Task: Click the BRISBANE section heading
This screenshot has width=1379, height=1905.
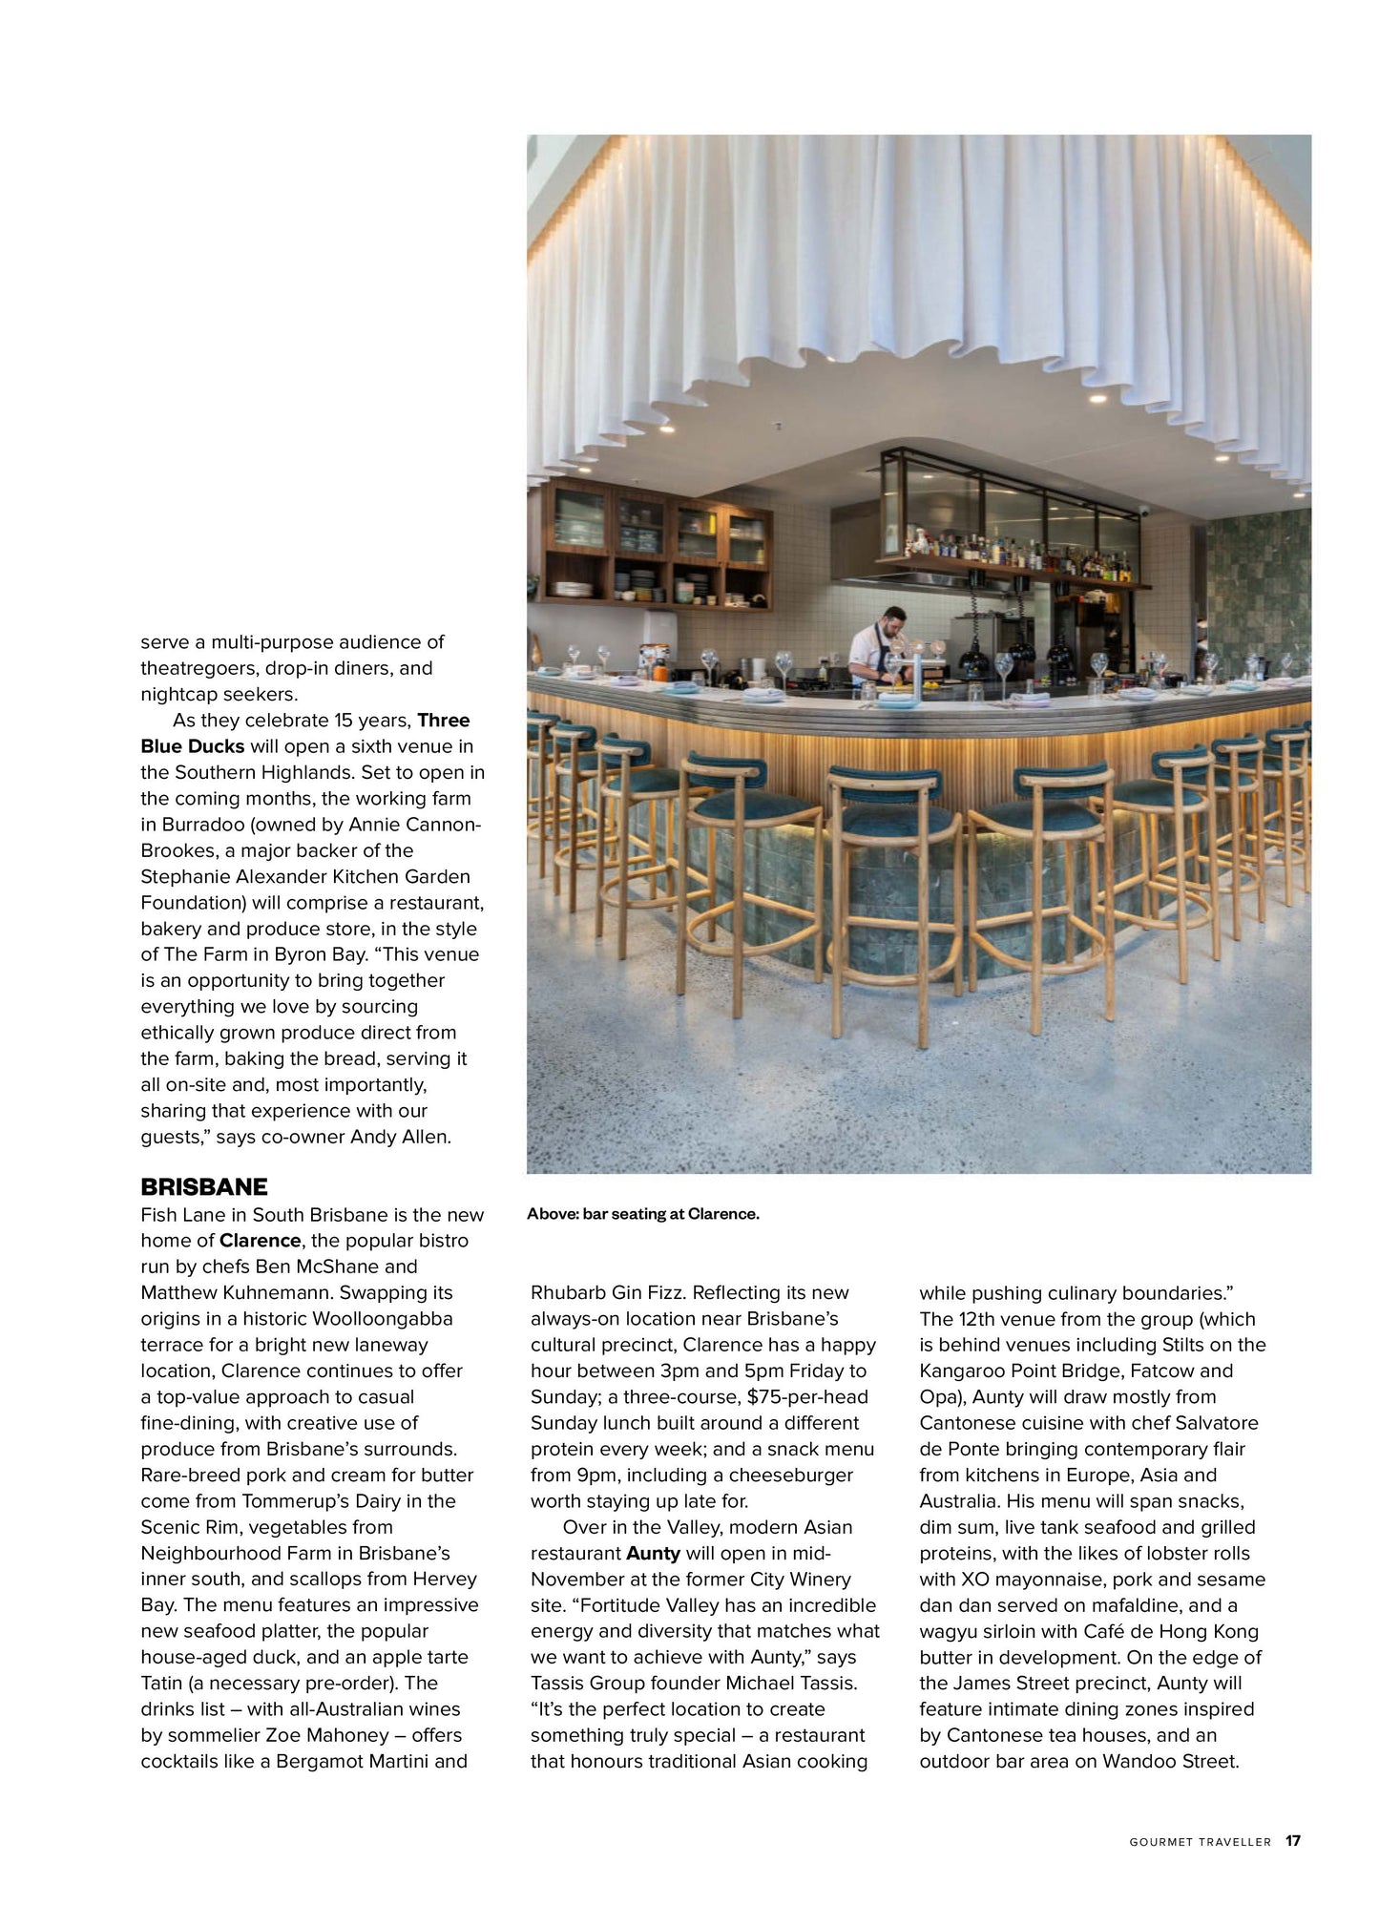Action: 204,1186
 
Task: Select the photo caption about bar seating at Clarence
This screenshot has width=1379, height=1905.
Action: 642,1215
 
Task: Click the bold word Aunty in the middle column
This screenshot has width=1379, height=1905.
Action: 653,1553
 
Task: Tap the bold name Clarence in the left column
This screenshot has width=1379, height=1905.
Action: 260,1241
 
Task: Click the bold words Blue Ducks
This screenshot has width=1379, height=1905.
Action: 193,745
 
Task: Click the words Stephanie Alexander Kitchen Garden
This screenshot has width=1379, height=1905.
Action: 305,876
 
